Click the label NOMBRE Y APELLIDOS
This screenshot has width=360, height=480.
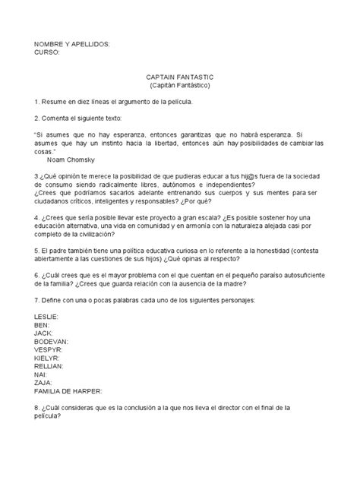pyautogui.click(x=72, y=45)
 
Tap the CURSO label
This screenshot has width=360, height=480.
pyautogui.click(x=49, y=53)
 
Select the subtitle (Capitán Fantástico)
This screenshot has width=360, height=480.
pyautogui.click(x=179, y=87)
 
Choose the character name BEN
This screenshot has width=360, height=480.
pyautogui.click(x=43, y=324)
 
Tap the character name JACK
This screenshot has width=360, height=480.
pyautogui.click(x=45, y=332)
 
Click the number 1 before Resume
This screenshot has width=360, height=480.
pyautogui.click(x=36, y=100)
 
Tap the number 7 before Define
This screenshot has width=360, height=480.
pyautogui.click(x=36, y=301)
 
